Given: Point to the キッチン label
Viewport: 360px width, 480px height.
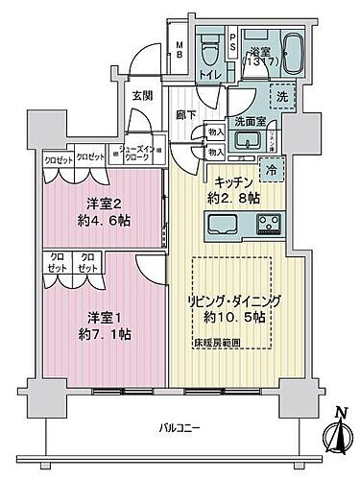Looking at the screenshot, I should [233, 180].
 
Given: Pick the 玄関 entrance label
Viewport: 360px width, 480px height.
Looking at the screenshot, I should [143, 95].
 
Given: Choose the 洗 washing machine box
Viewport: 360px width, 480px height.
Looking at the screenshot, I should [281, 97].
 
